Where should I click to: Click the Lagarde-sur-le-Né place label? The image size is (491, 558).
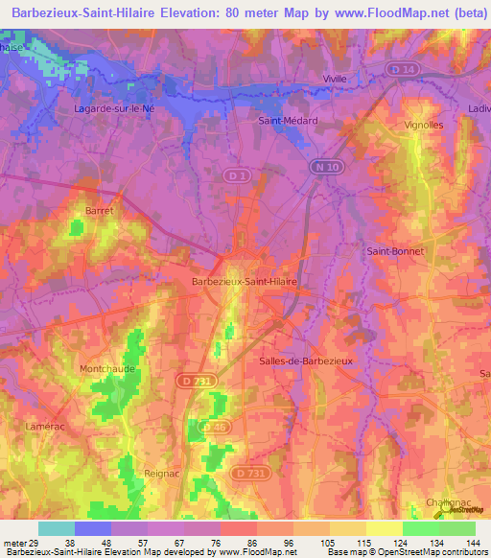coord(114,108)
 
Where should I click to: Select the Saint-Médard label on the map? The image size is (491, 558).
coord(288,121)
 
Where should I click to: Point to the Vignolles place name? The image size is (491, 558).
coord(424,125)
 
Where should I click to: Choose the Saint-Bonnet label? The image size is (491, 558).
coord(395,251)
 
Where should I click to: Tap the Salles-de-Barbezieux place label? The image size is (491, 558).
coord(307,360)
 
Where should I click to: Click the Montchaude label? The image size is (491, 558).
coord(107,368)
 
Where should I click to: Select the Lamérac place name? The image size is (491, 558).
coord(46,423)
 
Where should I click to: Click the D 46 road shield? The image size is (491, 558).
coord(218,426)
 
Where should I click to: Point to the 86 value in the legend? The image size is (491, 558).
coord(252,542)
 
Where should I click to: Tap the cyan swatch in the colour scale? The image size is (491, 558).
coord(57,528)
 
